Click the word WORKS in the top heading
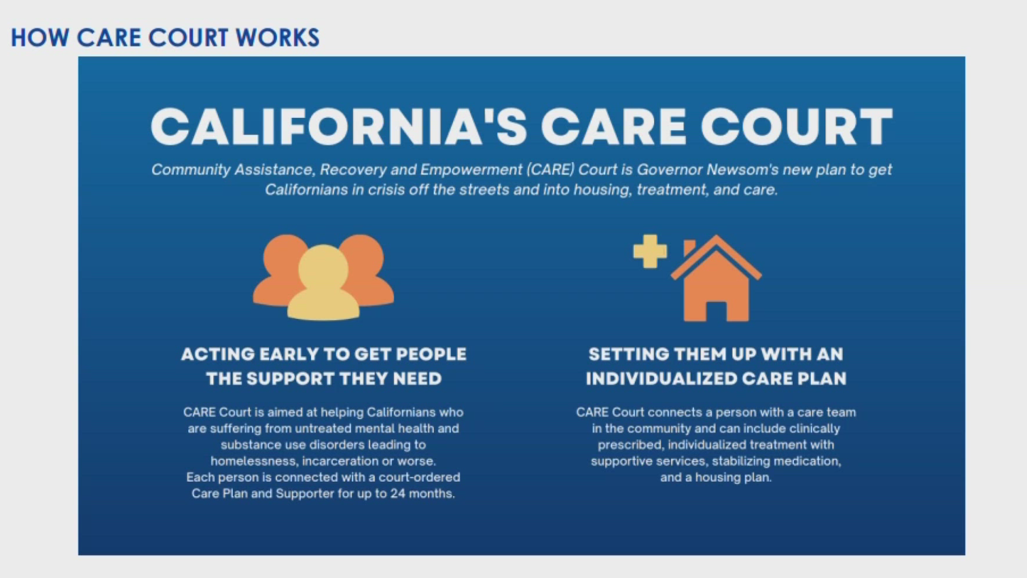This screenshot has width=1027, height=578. point(278,38)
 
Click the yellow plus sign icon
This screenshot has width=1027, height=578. point(650,251)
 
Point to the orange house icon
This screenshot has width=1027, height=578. point(716,278)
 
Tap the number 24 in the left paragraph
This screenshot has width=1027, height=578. point(397,493)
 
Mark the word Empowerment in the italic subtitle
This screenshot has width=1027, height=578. point(471,170)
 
